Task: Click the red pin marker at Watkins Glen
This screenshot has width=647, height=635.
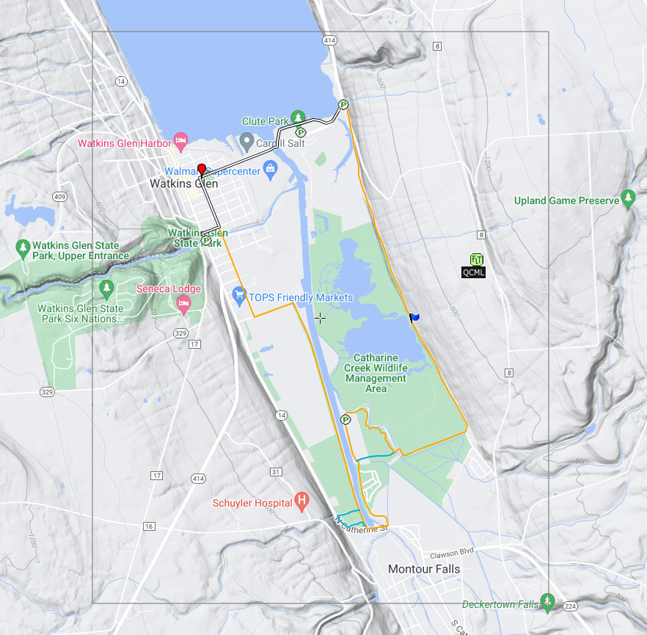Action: click(x=202, y=171)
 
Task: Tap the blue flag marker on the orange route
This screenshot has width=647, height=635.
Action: click(x=414, y=317)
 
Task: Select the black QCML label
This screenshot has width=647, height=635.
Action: click(x=473, y=272)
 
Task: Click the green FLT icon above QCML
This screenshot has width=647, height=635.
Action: click(x=476, y=259)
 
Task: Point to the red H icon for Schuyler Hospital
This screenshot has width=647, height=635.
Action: click(x=301, y=501)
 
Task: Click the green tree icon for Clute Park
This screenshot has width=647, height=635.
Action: click(x=298, y=117)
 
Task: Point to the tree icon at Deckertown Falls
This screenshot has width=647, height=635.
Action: click(x=547, y=601)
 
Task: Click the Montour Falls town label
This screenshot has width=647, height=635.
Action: click(x=424, y=569)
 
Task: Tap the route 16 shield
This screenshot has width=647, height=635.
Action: click(x=150, y=526)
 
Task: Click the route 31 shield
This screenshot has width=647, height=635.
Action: click(x=276, y=471)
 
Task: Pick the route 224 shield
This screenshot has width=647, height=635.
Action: click(x=571, y=607)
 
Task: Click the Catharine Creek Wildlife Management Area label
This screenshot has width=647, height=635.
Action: click(x=376, y=373)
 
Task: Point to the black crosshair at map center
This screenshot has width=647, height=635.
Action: click(x=320, y=318)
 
